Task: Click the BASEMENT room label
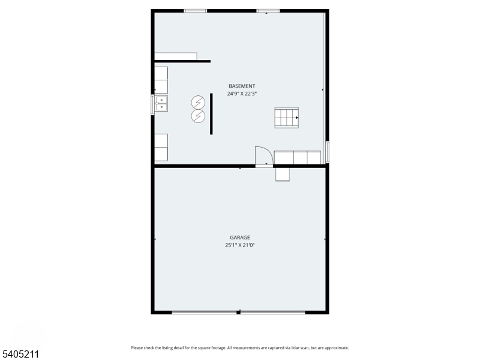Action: [x=242, y=86]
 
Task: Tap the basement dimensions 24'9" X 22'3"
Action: [x=242, y=94]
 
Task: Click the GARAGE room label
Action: [x=240, y=237]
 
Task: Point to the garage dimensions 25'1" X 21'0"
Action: [x=240, y=245]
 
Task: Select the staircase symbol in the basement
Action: [x=287, y=118]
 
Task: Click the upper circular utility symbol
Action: [x=198, y=103]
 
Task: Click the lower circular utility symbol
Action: [x=198, y=116]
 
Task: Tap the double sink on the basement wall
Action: [x=161, y=104]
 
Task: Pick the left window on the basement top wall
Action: [x=195, y=10]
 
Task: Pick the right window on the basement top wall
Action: [x=268, y=10]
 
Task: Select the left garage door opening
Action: [x=204, y=312]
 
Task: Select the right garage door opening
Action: [x=273, y=312]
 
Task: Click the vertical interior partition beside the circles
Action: [x=211, y=113]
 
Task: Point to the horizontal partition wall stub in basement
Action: [x=182, y=61]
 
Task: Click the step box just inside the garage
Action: [x=283, y=174]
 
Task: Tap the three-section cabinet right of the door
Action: [x=298, y=157]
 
